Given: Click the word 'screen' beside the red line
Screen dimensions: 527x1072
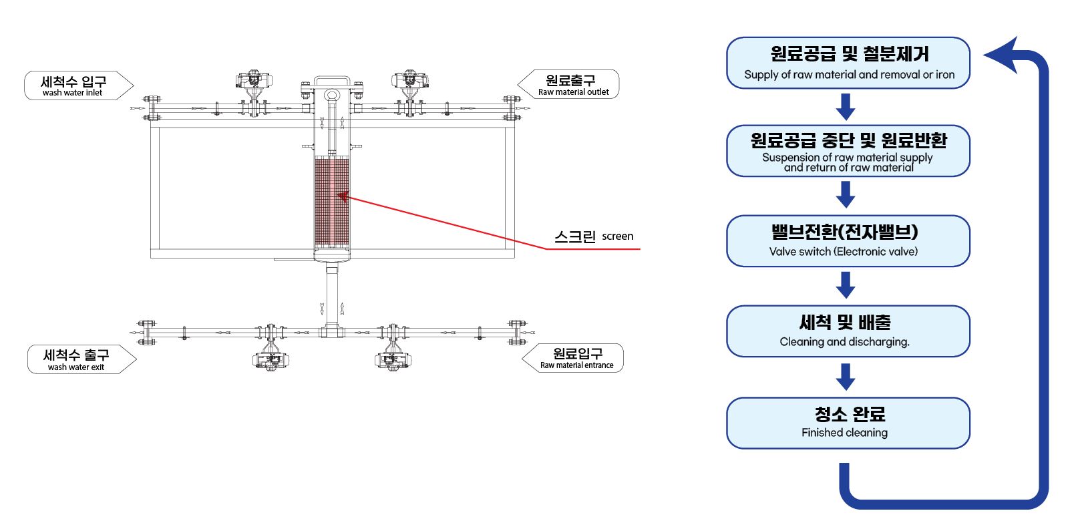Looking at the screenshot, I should tap(617, 236).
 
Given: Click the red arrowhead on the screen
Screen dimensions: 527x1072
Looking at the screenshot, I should tap(343, 196).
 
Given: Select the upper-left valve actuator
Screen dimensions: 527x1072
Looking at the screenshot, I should tap(251, 80).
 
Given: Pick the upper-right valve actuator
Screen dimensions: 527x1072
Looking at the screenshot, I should tap(409, 80).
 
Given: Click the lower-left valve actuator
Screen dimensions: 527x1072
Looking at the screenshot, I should tap(270, 361).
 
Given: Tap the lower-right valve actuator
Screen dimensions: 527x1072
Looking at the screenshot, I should tap(393, 361).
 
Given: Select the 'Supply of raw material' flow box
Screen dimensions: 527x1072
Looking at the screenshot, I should tap(848, 63).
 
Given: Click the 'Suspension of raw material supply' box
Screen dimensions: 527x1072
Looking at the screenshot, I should tap(848, 151).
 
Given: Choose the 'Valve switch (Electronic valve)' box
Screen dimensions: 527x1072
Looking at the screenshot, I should tap(848, 241).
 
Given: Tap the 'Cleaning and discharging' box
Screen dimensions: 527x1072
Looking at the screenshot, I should tap(848, 331).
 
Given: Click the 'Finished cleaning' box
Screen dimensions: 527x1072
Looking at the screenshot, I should tap(848, 423).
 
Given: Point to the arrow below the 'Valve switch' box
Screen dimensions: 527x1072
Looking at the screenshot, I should tap(846, 285).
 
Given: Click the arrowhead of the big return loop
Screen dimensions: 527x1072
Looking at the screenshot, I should tap(1001, 54).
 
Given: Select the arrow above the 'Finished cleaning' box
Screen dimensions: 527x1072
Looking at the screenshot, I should tap(846, 377).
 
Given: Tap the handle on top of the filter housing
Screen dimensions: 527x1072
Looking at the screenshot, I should tap(332, 81).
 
